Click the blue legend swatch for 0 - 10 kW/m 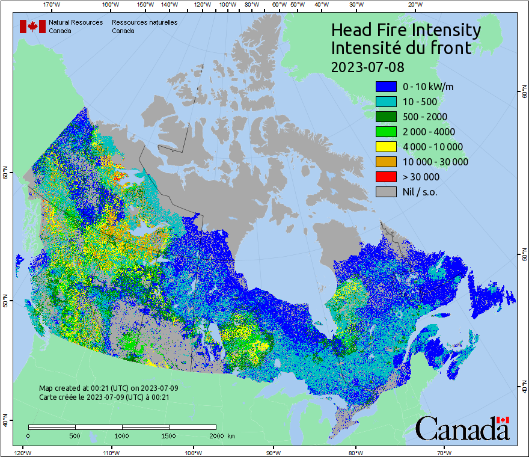385,87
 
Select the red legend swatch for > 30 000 385,177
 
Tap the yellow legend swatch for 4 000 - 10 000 385,147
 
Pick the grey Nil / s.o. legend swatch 385,192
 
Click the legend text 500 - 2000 425,117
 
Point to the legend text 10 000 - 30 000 435,162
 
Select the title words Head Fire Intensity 406,30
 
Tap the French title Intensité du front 402,48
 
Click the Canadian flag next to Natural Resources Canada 32,26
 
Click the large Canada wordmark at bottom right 462,429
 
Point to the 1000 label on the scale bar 122,435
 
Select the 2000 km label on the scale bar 222,435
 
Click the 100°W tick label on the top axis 228,5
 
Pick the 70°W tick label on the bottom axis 444,452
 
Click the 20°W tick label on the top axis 414,5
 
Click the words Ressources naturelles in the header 144,23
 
